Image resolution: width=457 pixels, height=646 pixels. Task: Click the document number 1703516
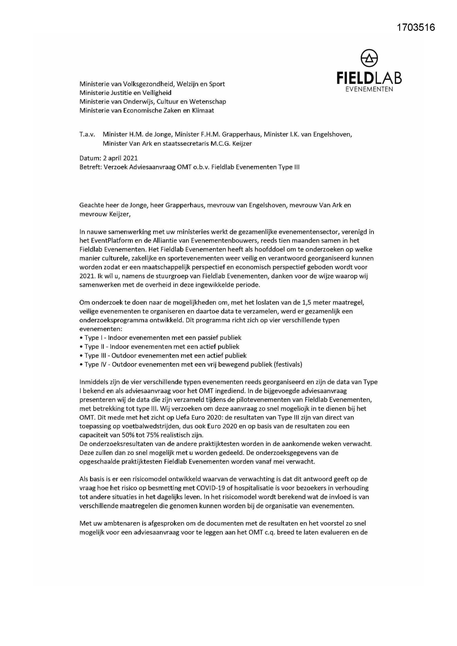(x=416, y=27)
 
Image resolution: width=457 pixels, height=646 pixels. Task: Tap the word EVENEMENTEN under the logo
(x=369, y=90)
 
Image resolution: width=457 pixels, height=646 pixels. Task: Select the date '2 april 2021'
(x=120, y=158)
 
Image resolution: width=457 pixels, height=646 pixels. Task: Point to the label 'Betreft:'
(x=90, y=167)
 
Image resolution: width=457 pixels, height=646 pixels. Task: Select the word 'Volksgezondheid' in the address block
(x=148, y=84)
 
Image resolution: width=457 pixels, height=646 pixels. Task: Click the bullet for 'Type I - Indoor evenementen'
(x=81, y=338)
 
